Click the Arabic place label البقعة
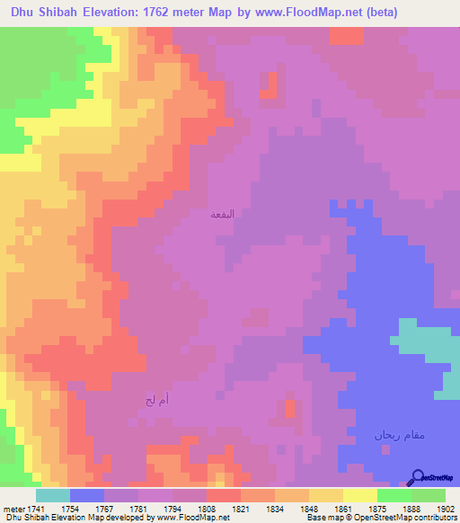221,215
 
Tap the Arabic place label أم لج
156,398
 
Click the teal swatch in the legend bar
53,495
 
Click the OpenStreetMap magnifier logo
415,476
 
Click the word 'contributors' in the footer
430,517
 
